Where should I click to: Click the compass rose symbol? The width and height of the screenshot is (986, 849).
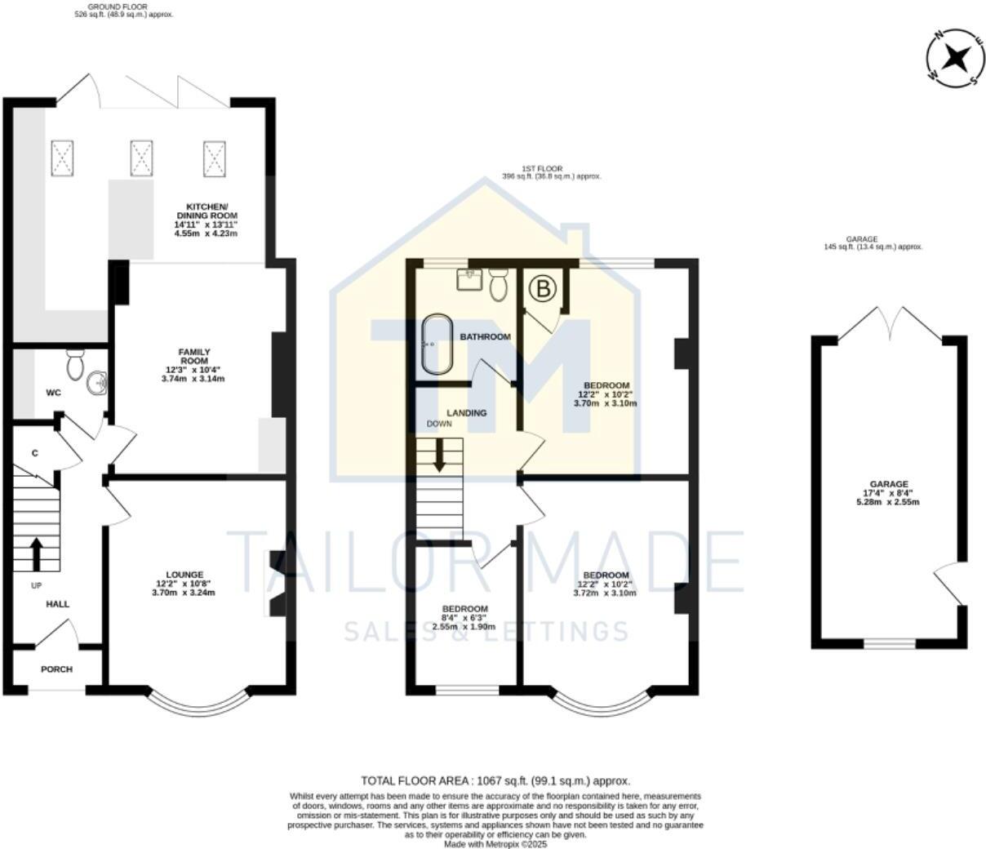(x=953, y=58)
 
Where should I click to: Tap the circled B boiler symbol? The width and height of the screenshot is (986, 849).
(x=542, y=288)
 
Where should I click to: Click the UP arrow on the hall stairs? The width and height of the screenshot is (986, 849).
(x=36, y=553)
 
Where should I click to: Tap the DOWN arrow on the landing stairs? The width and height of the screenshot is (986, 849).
(x=439, y=455)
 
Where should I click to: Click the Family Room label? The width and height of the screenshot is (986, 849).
(x=194, y=365)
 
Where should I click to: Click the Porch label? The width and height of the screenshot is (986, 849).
(x=56, y=669)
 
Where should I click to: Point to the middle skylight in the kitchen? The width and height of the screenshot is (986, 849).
(x=141, y=157)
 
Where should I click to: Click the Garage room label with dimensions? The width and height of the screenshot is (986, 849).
(x=887, y=493)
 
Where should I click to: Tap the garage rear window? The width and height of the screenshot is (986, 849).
(x=890, y=644)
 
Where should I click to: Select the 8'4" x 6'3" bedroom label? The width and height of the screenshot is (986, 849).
(x=464, y=617)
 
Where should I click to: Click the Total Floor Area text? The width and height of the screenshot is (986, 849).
(x=495, y=780)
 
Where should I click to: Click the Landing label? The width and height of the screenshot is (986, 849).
(x=466, y=413)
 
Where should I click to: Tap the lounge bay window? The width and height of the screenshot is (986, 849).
(x=198, y=701)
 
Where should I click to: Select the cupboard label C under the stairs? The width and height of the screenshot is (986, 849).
(x=35, y=453)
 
